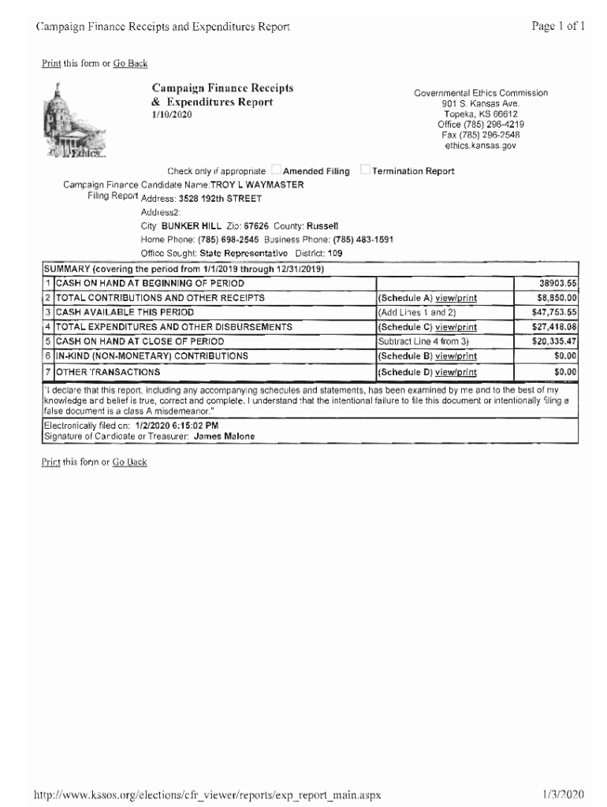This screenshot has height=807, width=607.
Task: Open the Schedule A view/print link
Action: [x=456, y=298]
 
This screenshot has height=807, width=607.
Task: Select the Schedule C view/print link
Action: [x=456, y=327]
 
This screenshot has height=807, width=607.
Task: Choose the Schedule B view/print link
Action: [x=456, y=356]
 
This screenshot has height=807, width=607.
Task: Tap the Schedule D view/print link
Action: [x=456, y=371]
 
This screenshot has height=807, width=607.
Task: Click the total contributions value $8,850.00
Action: [x=557, y=298]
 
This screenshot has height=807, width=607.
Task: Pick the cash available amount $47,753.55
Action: [x=555, y=312]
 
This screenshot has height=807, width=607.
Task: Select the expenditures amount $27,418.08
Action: [x=555, y=327]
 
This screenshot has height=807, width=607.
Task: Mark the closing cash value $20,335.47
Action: [x=555, y=341]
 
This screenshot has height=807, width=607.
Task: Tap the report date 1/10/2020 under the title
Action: [x=171, y=114]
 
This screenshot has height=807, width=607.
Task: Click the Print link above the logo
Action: [x=51, y=63]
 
